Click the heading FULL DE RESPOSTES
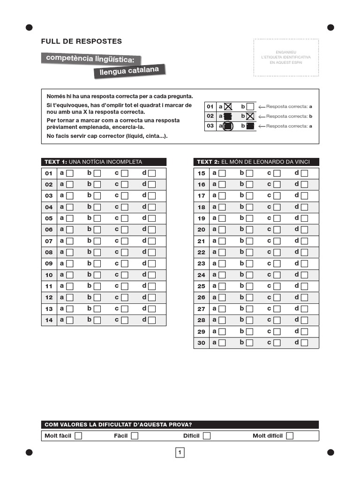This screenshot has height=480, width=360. pyautogui.click(x=81, y=41)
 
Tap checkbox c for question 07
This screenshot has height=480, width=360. pyautogui.click(x=125, y=241)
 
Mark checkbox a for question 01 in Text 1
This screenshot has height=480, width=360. pyautogui.click(x=70, y=173)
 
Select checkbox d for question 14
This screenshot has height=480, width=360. pyautogui.click(x=152, y=320)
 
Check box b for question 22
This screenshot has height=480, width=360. pyautogui.click(x=249, y=253)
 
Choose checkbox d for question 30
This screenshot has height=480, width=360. pyautogui.click(x=304, y=343)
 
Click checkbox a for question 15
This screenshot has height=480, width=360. pyautogui.click(x=222, y=173)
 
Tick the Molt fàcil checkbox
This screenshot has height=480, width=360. pyautogui.click(x=78, y=436)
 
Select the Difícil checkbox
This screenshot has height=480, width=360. pyautogui.click(x=207, y=436)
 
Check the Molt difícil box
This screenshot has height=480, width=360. pyautogui.click(x=290, y=436)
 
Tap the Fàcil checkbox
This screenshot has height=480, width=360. pyautogui.click(x=135, y=436)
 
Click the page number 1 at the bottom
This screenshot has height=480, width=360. pyautogui.click(x=180, y=452)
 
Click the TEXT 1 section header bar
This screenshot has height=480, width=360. pyautogui.click(x=104, y=162)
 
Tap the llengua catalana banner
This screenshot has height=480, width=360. pyautogui.click(x=129, y=71)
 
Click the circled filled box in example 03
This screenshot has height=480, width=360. pyautogui.click(x=227, y=126)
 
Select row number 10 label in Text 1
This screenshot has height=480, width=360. pyautogui.click(x=49, y=275)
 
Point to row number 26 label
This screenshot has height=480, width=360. pyautogui.click(x=201, y=298)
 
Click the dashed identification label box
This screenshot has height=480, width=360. pyautogui.click(x=286, y=57)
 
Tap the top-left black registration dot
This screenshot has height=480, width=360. pyautogui.click(x=29, y=27)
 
